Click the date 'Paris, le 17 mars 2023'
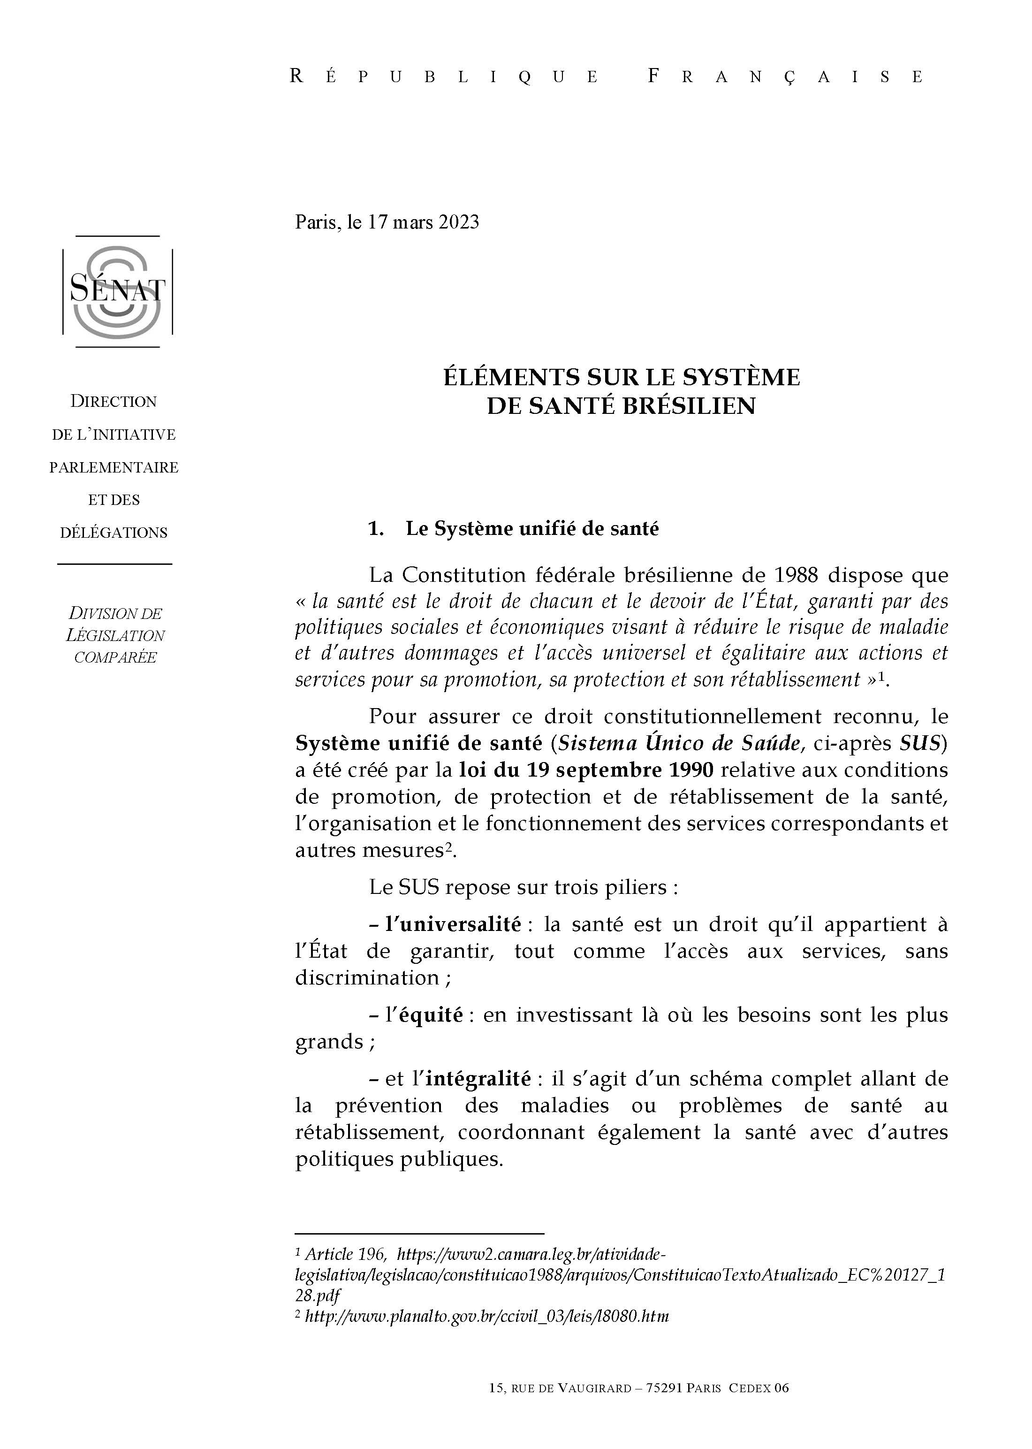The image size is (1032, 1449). click(387, 222)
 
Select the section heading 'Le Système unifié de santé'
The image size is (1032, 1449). click(532, 529)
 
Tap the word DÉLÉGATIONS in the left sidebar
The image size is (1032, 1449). click(114, 533)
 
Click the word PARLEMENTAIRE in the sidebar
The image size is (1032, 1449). click(114, 468)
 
